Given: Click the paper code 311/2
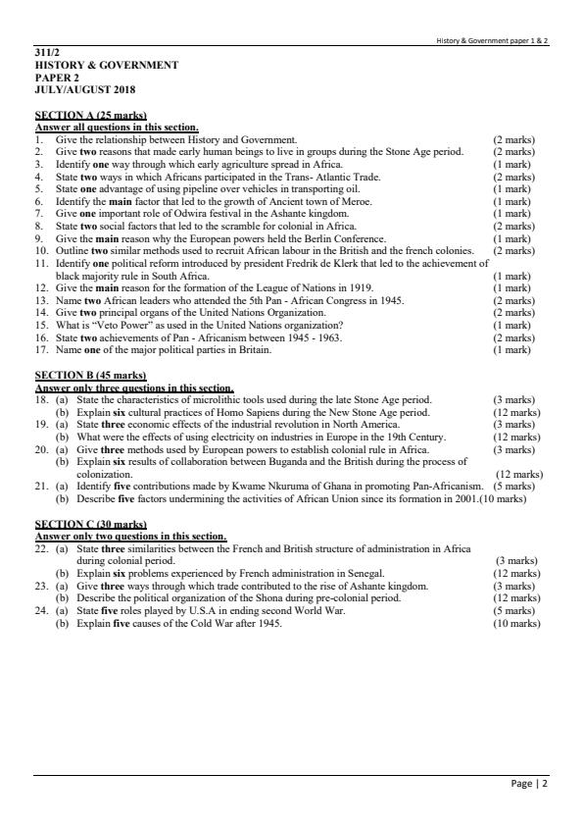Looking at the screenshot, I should click(x=46, y=53).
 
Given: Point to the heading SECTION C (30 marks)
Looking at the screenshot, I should click(x=90, y=525).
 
